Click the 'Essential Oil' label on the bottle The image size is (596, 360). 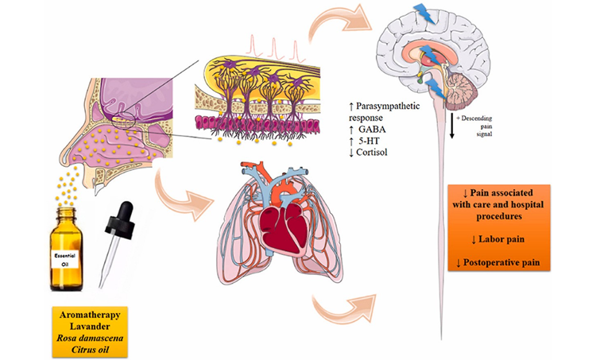(x=65, y=259)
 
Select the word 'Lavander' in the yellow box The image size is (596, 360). (x=90, y=326)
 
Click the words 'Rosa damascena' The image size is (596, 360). (x=90, y=338)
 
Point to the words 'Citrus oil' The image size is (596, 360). (x=90, y=349)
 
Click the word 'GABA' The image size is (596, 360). (x=372, y=130)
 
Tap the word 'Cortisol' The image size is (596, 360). (x=372, y=153)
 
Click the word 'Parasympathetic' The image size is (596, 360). (x=388, y=106)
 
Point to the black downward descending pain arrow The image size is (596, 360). (x=452, y=126)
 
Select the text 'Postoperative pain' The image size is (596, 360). (x=501, y=262)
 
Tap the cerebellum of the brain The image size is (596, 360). (x=462, y=91)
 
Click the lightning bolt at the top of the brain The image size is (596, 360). (x=425, y=13)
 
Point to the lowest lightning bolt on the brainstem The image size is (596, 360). (x=436, y=89)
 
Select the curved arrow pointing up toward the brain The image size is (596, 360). (x=339, y=23)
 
